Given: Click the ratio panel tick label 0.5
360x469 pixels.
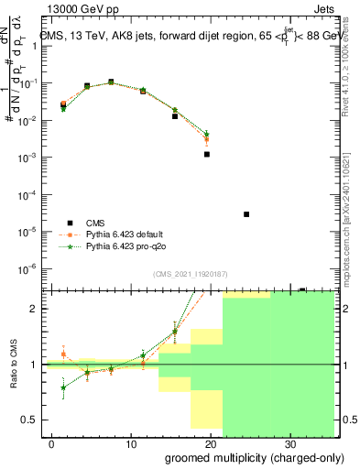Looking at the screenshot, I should point(30,420).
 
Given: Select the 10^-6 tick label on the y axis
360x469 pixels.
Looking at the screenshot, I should point(28,268).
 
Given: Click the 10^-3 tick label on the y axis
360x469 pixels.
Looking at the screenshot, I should point(28,158).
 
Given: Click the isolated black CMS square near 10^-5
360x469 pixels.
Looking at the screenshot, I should point(246,214).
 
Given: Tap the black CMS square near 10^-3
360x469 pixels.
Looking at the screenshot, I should point(207,154).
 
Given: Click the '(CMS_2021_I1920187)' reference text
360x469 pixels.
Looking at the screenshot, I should point(190,274).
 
